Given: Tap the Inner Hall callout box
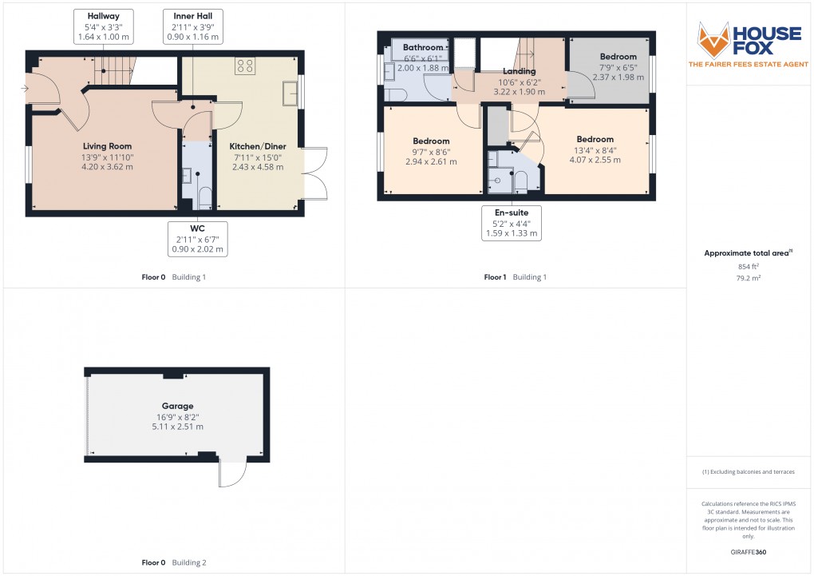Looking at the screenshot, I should (193, 26).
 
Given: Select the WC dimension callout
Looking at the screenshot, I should (198, 239).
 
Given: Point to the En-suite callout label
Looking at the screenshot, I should (511, 223).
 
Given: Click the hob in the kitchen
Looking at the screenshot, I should (244, 67).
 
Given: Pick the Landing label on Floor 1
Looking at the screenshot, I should (519, 71).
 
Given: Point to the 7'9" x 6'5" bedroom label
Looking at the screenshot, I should (618, 57).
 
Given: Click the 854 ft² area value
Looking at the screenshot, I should (749, 266).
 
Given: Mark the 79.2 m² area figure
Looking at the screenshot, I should (749, 277).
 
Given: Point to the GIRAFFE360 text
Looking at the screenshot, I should (749, 551).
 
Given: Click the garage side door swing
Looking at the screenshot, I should (231, 475).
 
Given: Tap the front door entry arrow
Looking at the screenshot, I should (28, 88).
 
